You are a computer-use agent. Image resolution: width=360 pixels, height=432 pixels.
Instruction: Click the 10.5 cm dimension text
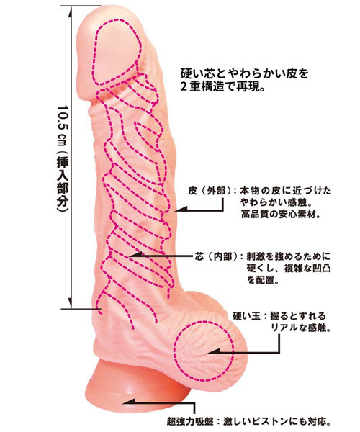(x=63, y=128)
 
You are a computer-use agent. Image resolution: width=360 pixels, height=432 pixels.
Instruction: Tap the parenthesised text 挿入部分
(x=63, y=184)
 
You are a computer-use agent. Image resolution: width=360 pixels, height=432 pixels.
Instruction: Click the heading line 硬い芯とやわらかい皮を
(x=244, y=73)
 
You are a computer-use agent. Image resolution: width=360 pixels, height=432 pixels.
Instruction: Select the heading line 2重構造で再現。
(x=222, y=87)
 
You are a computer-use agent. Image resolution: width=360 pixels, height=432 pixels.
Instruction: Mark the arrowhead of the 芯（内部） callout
(x=135, y=255)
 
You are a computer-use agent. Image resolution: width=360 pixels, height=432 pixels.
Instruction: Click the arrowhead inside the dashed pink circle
(x=214, y=351)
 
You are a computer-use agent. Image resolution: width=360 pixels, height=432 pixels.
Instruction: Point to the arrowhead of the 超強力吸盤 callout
(x=129, y=402)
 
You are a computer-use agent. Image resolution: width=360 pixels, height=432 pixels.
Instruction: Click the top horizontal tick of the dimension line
(x=81, y=6)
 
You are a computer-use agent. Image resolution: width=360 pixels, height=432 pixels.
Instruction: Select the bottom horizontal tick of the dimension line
(x=81, y=309)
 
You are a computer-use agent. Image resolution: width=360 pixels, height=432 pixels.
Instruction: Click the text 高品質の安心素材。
(x=281, y=214)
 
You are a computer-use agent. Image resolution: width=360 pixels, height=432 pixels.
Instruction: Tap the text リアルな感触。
(x=301, y=328)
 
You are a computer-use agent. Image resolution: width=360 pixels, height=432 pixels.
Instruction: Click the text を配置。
(x=263, y=280)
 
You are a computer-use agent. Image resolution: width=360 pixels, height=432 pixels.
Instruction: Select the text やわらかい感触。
(x=276, y=202)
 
